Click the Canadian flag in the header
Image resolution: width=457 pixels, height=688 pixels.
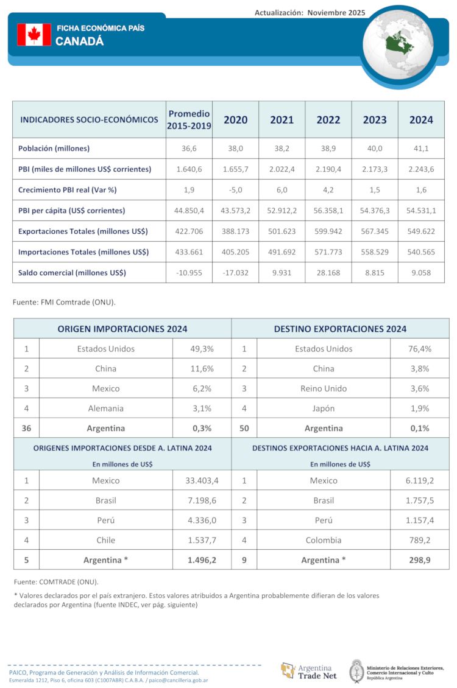click(x=34, y=35)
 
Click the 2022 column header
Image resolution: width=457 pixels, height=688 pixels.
click(x=328, y=120)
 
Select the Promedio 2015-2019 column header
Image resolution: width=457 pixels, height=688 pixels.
click(x=189, y=120)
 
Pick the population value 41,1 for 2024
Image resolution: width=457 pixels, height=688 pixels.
click(x=421, y=149)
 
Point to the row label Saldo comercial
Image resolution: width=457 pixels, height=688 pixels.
click(x=72, y=273)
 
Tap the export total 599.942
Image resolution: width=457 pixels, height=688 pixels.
click(x=328, y=231)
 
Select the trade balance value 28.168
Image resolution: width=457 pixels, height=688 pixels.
click(x=328, y=273)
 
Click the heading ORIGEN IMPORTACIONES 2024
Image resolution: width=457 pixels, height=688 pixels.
click(x=122, y=329)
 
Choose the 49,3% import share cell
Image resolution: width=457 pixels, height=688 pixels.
click(x=202, y=349)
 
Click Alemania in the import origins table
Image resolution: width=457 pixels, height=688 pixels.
click(x=105, y=409)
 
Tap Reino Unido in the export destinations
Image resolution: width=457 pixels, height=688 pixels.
click(x=324, y=388)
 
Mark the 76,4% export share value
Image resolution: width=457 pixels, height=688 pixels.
click(x=419, y=349)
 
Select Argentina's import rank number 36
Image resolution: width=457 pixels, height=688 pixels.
click(x=26, y=428)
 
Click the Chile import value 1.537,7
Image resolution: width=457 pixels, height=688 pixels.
click(x=202, y=540)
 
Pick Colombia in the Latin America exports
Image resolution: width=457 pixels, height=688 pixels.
click(x=324, y=540)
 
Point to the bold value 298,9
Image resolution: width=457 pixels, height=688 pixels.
click(x=419, y=560)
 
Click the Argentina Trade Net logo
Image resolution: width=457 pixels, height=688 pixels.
click(x=309, y=670)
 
